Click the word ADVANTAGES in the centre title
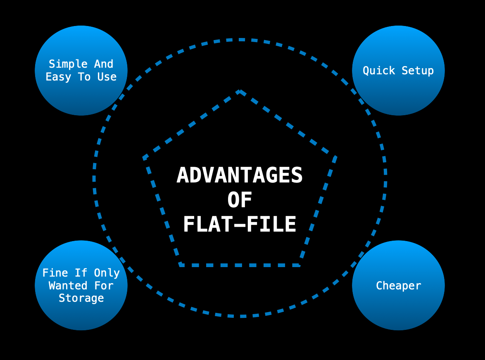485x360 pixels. pyautogui.click(x=240, y=175)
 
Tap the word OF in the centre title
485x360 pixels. pyautogui.click(x=240, y=200)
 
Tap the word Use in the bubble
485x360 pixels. pyautogui.click(x=107, y=77)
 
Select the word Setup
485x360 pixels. pyautogui.click(x=418, y=71)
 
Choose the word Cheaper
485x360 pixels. pyautogui.click(x=398, y=286)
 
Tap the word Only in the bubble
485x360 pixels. pyautogui.click(x=107, y=273)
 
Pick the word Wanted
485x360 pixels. pyautogui.click(x=68, y=286)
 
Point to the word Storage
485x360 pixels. pyautogui.click(x=81, y=298)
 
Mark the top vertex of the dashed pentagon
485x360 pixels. pyautogui.click(x=240, y=91)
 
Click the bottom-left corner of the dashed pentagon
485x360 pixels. pyautogui.click(x=181, y=265)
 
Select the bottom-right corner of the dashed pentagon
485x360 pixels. pyautogui.click(x=299, y=265)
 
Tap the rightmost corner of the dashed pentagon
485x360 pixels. pyautogui.click(x=335, y=157)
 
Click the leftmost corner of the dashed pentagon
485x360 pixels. pyautogui.click(x=144, y=157)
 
